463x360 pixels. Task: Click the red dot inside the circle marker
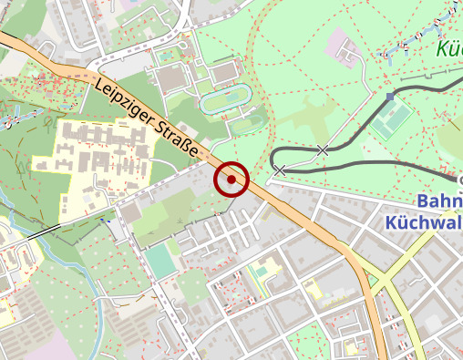coord(232,180)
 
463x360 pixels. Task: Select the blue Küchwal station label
coord(424,221)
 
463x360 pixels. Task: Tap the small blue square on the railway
coord(389,96)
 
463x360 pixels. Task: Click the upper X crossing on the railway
coord(323,149)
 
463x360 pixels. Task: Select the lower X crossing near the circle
coord(280,170)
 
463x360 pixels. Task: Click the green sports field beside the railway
coord(394,118)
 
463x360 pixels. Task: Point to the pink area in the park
coord(345,46)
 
